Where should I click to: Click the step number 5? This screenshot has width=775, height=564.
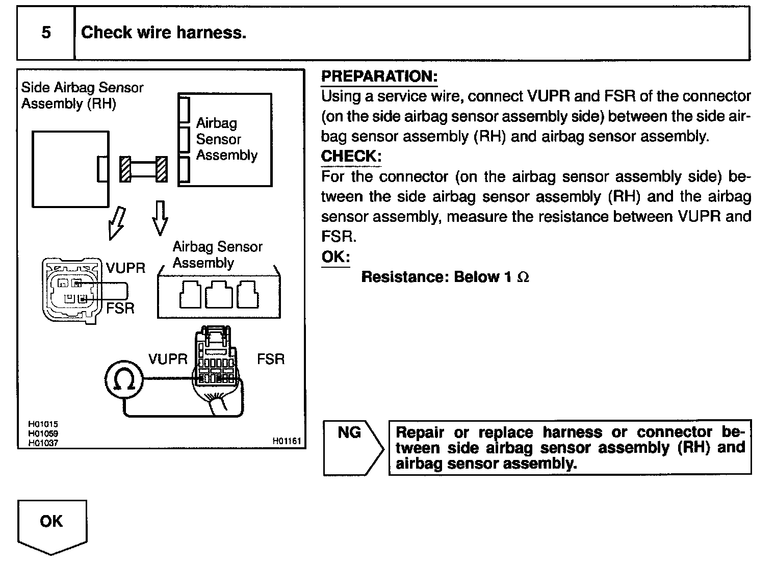[46, 33]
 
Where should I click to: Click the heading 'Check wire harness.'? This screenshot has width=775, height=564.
[164, 33]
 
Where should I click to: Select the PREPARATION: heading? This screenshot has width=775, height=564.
[379, 76]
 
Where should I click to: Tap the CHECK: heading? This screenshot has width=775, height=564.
[351, 156]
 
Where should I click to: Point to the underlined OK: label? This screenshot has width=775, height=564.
[335, 257]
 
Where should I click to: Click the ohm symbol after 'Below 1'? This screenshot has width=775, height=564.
[523, 277]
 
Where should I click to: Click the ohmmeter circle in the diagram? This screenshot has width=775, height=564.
[123, 379]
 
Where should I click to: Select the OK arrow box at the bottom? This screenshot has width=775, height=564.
[52, 525]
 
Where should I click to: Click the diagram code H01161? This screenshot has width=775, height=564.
[287, 441]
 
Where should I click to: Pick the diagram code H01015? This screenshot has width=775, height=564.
[43, 424]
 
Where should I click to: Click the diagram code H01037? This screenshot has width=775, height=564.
[43, 443]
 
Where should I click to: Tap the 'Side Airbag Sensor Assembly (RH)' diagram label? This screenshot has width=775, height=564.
[82, 95]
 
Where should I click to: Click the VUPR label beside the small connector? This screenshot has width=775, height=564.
[125, 268]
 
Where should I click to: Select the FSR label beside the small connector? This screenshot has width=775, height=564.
[120, 308]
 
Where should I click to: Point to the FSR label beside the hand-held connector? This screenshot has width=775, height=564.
[270, 359]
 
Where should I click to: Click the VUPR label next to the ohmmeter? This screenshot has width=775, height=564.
[168, 359]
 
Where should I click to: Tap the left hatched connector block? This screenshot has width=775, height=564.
[125, 169]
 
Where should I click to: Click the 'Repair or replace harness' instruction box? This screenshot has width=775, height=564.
[570, 448]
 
